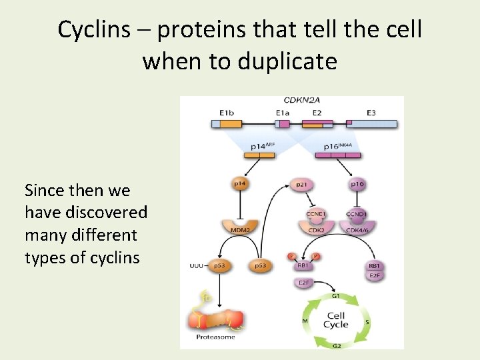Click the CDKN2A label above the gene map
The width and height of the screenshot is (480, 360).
[302, 101]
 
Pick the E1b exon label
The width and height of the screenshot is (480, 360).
[227, 113]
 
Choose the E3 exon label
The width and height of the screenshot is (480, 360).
[371, 113]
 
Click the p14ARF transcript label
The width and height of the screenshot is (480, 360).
[262, 146]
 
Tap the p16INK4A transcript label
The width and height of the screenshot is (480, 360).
[339, 146]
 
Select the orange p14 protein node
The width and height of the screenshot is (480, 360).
[239, 183]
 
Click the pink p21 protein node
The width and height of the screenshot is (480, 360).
[302, 183]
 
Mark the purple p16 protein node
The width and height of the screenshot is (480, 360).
[358, 183]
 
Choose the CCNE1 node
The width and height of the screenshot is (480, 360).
[316, 214]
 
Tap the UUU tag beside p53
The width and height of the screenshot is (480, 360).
[197, 265]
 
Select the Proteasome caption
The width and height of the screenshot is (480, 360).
[215, 337]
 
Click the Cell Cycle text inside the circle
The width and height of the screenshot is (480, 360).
[335, 320]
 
